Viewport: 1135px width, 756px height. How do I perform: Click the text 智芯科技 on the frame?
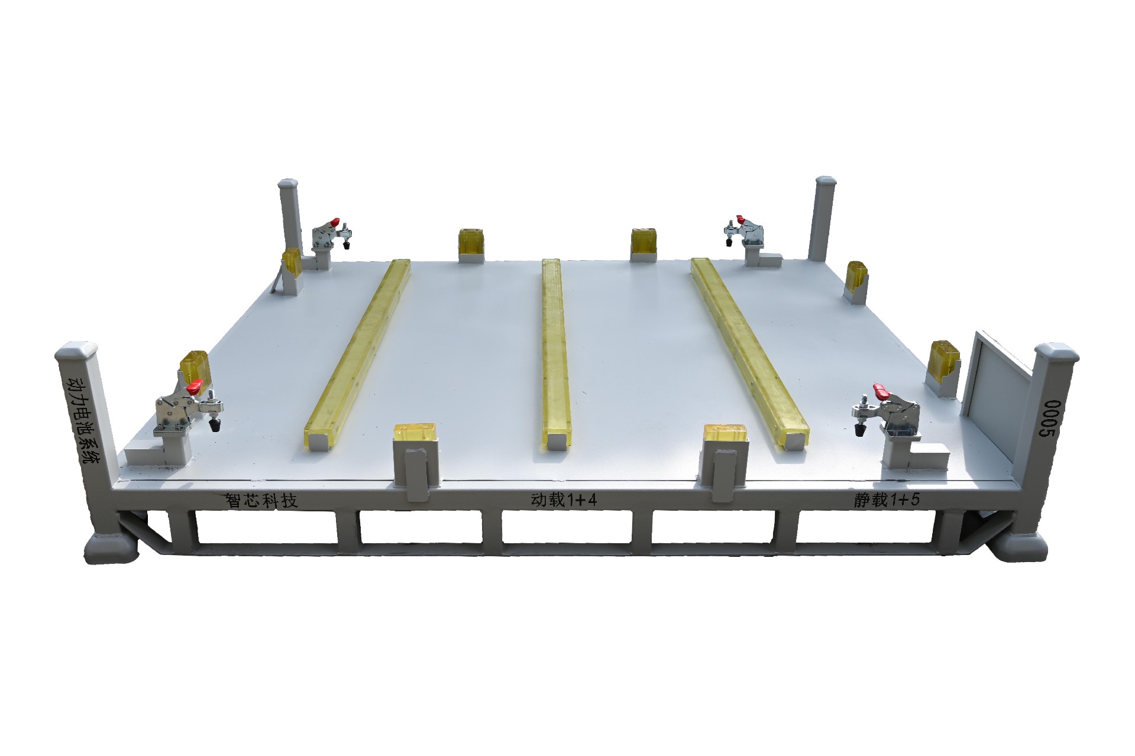[x=261, y=501]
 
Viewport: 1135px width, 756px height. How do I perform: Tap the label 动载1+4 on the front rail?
[x=564, y=500]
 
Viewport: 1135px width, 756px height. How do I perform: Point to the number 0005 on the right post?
[x=1050, y=418]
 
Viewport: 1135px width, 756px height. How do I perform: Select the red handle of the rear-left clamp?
[x=334, y=222]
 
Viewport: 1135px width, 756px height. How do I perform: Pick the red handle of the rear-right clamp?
[x=740, y=219]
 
